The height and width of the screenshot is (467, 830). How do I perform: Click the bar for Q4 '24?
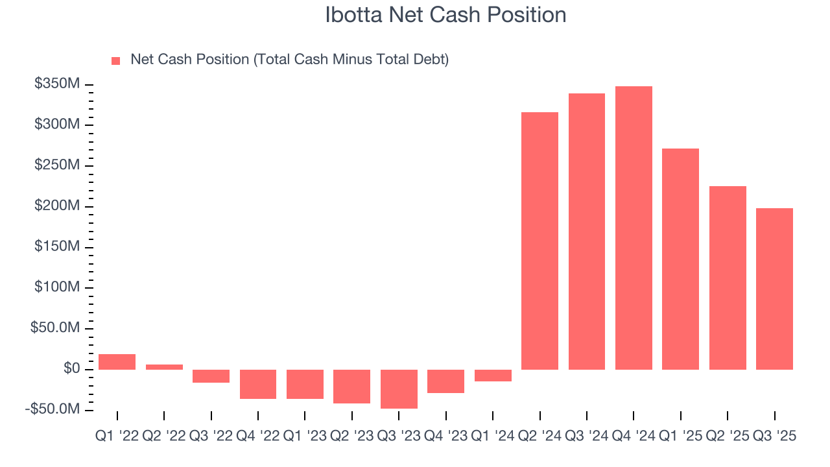634,228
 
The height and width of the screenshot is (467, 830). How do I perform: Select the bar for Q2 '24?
539,241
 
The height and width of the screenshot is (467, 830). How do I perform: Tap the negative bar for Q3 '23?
399,389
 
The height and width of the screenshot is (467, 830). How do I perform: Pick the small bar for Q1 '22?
117,362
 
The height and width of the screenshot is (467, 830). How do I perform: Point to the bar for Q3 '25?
774,289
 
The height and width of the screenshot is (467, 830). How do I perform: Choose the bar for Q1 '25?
680,259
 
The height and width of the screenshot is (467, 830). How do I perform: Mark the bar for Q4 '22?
258,384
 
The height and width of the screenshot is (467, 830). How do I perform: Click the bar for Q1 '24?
493,376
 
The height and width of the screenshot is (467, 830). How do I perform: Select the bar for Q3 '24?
587,232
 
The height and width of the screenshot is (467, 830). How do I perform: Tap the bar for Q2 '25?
728,278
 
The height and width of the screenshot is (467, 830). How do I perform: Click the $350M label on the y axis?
58,84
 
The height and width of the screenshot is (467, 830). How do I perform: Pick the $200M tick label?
58,206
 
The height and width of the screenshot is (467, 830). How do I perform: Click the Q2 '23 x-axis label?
352,437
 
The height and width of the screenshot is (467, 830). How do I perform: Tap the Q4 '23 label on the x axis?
446,437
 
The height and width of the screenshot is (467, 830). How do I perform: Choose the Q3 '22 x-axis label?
211,437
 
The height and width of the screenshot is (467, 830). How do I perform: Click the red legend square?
116,60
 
